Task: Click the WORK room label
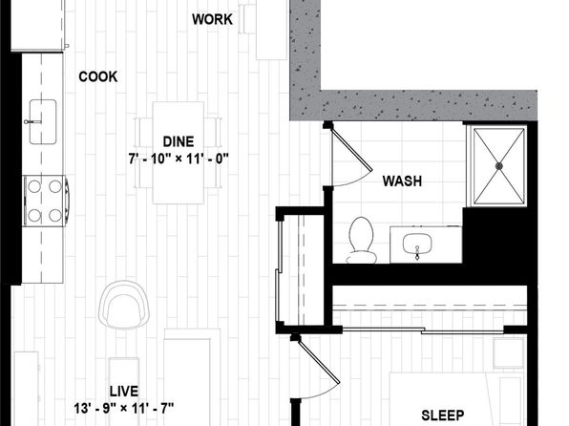[212, 19]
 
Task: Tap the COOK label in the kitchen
[98, 76]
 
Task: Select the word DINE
[179, 141]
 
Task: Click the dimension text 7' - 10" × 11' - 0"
[179, 159]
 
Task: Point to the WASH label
[402, 181]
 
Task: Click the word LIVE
[124, 391]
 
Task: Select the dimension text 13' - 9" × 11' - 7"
[124, 408]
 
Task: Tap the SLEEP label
[443, 415]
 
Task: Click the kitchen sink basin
[43, 122]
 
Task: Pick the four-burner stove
[46, 201]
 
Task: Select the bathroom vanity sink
[417, 245]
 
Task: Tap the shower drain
[499, 166]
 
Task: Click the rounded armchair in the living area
[124, 305]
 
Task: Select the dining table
[179, 153]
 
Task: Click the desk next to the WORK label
[271, 30]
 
